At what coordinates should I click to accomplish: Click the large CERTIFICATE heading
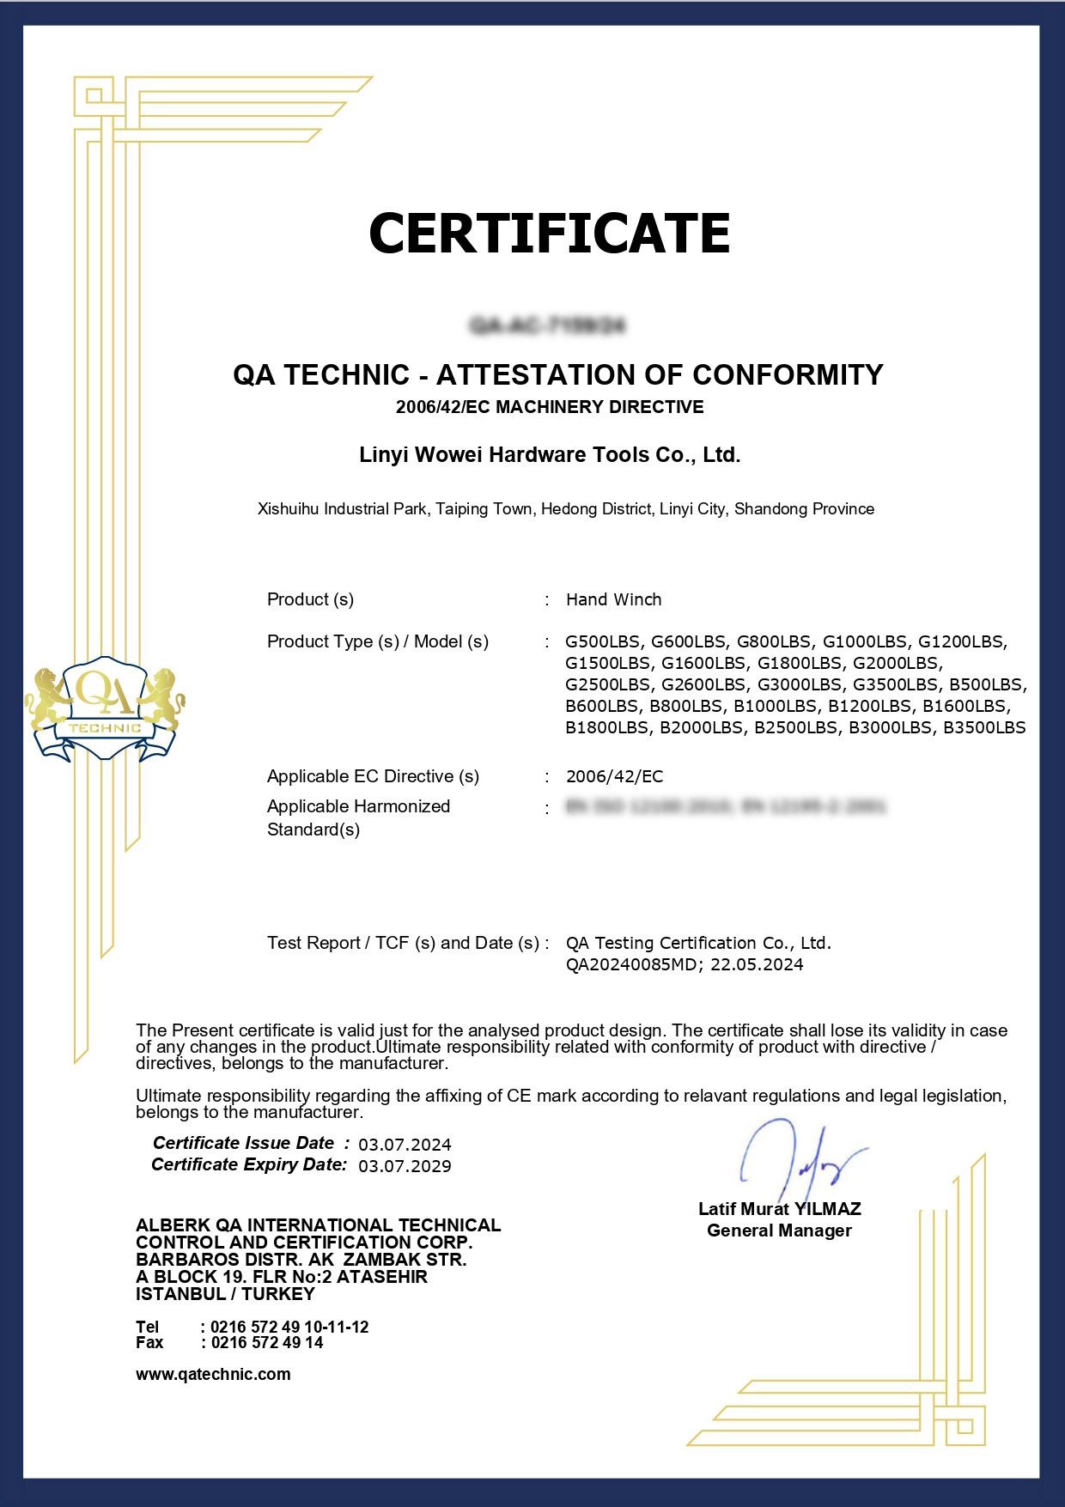[549, 233]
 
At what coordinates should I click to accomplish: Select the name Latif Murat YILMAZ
[779, 1209]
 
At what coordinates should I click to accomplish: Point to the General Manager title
[779, 1231]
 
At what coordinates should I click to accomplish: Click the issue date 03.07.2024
[405, 1145]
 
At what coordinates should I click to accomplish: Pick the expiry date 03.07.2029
[405, 1166]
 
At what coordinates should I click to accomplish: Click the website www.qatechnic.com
[213, 1374]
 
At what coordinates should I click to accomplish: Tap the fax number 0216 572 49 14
[266, 1343]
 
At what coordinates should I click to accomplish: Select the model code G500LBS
[603, 641]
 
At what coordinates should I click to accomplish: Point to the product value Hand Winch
[613, 599]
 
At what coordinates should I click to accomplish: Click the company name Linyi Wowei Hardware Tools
[550, 454]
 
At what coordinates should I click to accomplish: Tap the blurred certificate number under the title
[548, 325]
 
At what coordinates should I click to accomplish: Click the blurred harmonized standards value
[726, 806]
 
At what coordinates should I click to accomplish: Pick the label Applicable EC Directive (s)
[373, 776]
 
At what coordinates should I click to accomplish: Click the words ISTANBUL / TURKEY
[225, 1294]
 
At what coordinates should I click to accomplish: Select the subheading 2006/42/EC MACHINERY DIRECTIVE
[550, 407]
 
